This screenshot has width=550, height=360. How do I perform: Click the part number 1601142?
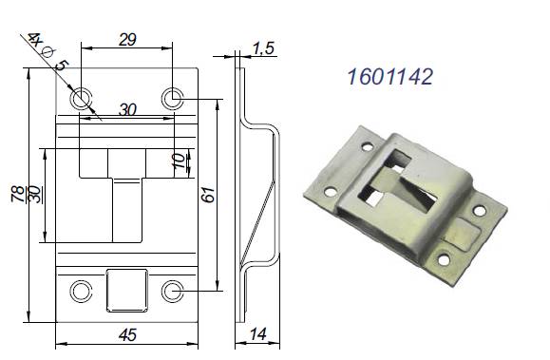tap(390, 77)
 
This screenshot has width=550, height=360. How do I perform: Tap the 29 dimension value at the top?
tap(127, 40)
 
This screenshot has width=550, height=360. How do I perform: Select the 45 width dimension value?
tap(127, 335)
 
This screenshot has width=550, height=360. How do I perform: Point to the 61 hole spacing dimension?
tap(208, 194)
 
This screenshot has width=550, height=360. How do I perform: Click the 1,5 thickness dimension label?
tap(264, 48)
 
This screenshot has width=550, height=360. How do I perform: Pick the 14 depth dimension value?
tap(258, 334)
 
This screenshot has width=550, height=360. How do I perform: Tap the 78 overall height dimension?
tap(18, 194)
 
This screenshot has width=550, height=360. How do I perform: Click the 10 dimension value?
tap(179, 161)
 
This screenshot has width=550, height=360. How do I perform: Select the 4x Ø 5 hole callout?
tap(48, 52)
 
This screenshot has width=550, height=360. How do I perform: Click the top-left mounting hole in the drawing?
tap(82, 98)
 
